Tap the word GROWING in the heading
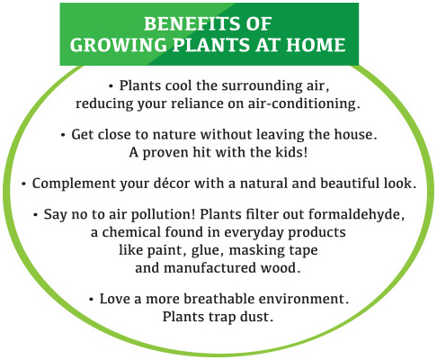119,45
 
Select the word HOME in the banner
316,45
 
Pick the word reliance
197,103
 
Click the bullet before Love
91,300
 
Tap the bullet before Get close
63,135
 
